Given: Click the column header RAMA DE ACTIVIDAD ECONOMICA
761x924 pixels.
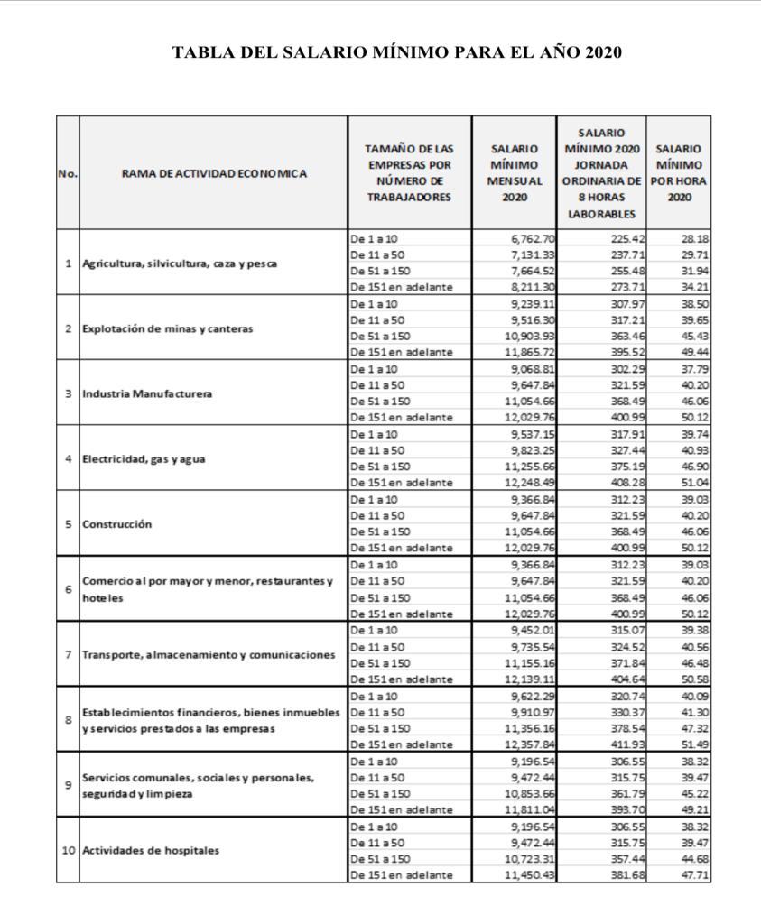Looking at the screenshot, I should coord(213,173).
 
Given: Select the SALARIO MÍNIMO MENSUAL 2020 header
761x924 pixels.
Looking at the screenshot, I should coord(515,172).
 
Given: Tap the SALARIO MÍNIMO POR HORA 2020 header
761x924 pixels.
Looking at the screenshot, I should coord(680,172).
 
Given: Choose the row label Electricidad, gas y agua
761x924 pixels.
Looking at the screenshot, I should coord(144,458).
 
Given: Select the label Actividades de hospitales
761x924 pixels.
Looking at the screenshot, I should coord(151,850).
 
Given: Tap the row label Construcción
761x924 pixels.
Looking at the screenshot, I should coord(116,524).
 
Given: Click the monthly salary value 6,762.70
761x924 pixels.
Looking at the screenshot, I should coord(533,239).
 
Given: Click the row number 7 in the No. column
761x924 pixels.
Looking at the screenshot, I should coord(68,654).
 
